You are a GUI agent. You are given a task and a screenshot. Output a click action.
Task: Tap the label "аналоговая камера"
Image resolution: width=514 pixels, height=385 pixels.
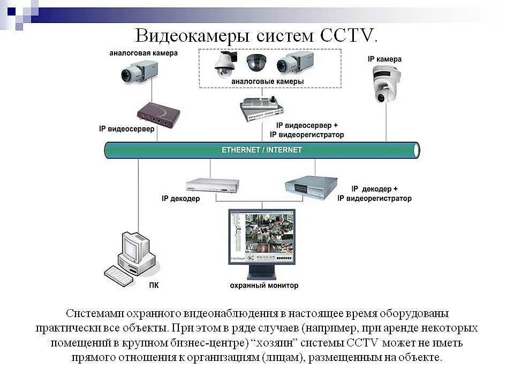point(143,53)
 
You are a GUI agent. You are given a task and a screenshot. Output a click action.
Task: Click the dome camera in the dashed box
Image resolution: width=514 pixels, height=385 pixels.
point(256,63)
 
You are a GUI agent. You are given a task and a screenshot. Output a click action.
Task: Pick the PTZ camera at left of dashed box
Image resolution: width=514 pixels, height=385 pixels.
point(225,64)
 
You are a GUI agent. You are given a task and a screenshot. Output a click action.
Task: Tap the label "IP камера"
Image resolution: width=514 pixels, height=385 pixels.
point(384,59)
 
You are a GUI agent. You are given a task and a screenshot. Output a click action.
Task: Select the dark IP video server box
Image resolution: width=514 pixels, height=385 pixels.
point(158,114)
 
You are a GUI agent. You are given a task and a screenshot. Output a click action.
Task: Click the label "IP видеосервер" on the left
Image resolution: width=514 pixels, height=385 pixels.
point(127,129)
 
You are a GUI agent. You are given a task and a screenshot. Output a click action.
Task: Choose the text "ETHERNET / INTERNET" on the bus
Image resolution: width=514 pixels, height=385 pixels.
point(262,150)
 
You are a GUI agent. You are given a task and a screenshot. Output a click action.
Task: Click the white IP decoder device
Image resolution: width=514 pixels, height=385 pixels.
point(212,185)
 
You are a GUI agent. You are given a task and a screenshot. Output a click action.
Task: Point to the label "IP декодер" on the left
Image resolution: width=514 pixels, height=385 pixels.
point(181,199)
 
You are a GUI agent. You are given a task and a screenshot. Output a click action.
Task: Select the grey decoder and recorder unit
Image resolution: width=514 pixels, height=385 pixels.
point(311,187)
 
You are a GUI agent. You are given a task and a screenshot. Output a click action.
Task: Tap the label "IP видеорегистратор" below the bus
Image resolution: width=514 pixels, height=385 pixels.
point(374,198)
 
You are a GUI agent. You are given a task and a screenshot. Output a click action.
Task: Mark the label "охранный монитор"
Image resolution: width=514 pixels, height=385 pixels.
point(264,286)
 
